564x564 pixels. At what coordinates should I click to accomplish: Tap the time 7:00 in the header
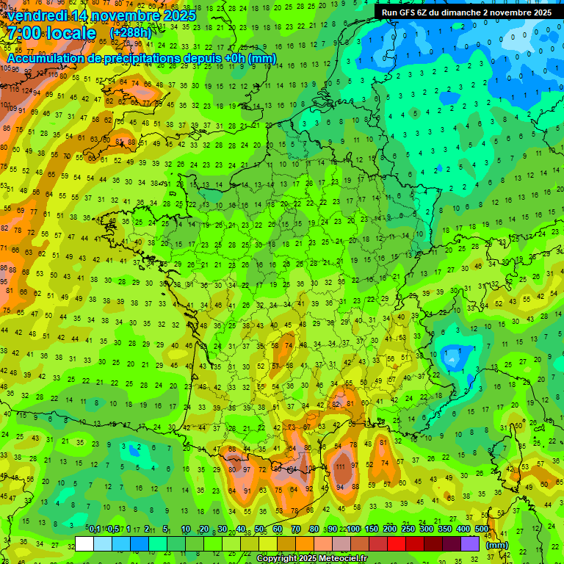click(28, 33)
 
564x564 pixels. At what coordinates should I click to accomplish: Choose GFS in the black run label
click(409, 12)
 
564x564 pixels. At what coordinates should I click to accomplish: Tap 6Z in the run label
click(426, 12)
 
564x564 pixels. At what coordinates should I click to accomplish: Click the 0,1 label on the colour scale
click(95, 529)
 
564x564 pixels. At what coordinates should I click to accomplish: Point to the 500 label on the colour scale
click(482, 529)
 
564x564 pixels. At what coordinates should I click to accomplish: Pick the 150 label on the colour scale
click(372, 529)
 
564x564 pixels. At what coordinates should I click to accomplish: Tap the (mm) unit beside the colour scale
click(497, 545)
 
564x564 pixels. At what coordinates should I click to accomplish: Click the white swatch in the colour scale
click(84, 543)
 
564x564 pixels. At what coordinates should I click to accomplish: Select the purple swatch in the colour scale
click(470, 543)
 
